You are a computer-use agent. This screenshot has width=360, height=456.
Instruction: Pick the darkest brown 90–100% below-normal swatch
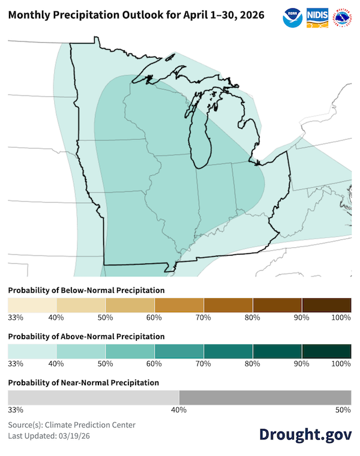(x=326, y=304)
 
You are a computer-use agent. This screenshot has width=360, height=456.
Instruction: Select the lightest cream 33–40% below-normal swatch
(x=32, y=304)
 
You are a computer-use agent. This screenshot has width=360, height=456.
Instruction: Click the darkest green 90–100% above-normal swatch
(x=326, y=351)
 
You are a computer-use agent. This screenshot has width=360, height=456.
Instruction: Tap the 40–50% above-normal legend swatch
(x=81, y=351)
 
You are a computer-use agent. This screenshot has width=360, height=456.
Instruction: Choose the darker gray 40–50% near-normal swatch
(x=265, y=397)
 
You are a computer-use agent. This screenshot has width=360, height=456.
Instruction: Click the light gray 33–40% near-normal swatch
(x=94, y=397)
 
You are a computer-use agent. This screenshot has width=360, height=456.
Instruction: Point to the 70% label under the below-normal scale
(x=203, y=317)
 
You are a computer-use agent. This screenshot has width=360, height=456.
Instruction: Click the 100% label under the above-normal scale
(x=340, y=364)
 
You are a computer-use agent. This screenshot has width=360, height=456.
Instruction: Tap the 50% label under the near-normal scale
(x=343, y=410)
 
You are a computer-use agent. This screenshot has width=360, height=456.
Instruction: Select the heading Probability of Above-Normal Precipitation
(x=86, y=337)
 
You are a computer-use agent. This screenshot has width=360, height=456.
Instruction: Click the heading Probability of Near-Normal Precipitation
(x=83, y=382)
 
